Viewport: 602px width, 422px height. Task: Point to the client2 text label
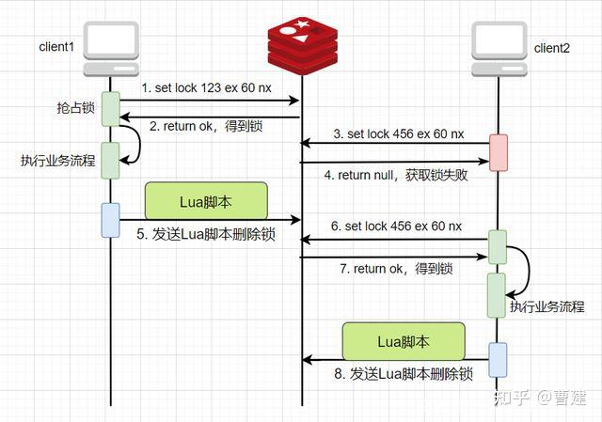tap(553, 48)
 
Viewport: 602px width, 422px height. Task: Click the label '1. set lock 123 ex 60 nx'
tap(206, 87)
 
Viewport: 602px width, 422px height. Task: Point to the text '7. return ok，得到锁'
tap(396, 269)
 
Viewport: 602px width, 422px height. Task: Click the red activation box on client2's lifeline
tap(498, 152)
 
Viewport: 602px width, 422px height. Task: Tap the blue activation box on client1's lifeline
tap(111, 219)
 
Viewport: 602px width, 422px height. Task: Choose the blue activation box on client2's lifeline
tap(498, 359)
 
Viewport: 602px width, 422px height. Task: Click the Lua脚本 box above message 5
tap(206, 201)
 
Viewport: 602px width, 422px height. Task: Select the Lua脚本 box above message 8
tap(403, 340)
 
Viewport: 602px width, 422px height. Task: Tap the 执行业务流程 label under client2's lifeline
tap(547, 306)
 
